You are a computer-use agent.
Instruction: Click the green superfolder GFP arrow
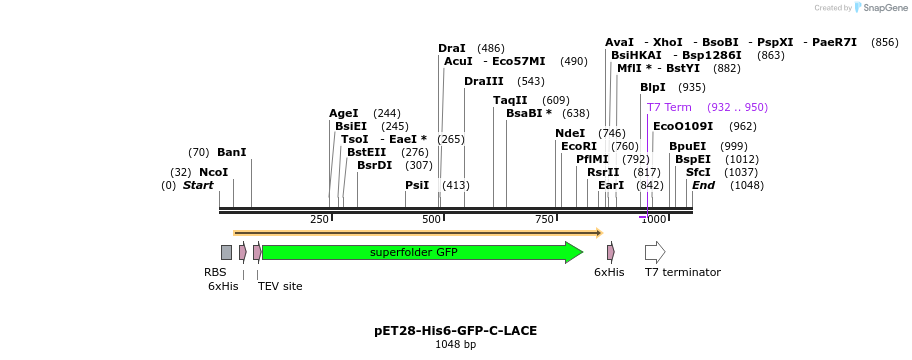click(x=420, y=252)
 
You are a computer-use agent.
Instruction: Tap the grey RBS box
click(x=226, y=252)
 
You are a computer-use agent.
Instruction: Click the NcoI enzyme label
click(x=213, y=172)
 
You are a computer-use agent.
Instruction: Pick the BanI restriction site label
click(x=231, y=152)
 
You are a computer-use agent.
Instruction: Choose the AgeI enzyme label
click(x=343, y=113)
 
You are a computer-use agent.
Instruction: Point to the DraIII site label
click(x=484, y=81)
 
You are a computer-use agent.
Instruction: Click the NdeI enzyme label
click(x=570, y=133)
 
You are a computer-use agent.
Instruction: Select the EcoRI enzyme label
click(x=578, y=146)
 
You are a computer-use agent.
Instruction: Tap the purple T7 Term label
click(x=669, y=107)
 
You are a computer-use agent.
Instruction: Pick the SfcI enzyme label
click(x=698, y=172)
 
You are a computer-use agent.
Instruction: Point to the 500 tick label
click(x=432, y=219)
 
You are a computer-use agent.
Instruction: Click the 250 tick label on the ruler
click(x=319, y=219)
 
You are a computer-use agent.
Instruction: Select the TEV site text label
click(x=280, y=286)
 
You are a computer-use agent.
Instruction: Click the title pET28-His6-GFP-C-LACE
click(x=455, y=330)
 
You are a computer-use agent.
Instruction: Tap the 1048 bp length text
click(x=455, y=345)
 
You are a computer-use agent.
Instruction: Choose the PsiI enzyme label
click(x=417, y=185)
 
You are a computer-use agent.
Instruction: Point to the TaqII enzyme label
click(x=510, y=100)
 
